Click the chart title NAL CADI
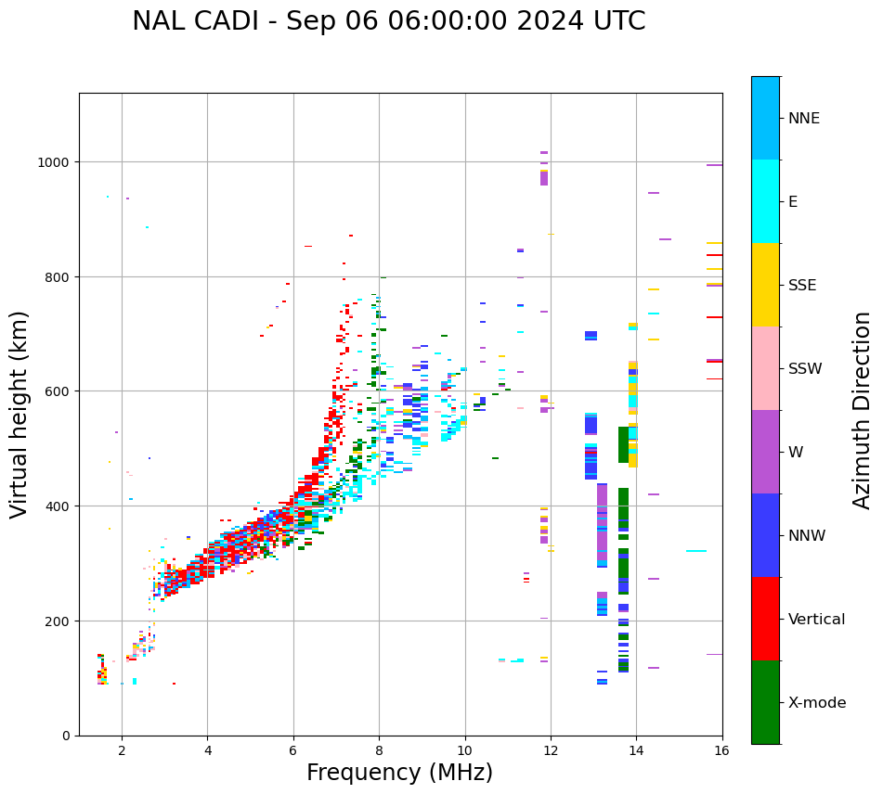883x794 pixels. [x=388, y=21]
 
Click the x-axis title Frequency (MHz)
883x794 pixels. [x=399, y=773]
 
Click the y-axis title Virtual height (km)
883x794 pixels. [x=20, y=414]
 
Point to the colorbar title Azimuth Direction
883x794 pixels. [x=863, y=410]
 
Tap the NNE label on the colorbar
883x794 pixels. [x=804, y=119]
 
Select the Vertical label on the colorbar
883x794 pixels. [x=816, y=620]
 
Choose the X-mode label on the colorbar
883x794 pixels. [x=817, y=703]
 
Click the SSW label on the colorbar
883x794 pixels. [x=805, y=369]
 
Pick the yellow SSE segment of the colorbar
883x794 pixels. [x=765, y=285]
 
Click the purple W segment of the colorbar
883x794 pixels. [x=765, y=452]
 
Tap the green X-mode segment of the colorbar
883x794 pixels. [x=765, y=702]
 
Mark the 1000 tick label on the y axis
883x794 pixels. [x=55, y=162]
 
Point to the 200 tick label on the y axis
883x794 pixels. [x=58, y=621]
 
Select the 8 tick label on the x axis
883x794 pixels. [x=379, y=751]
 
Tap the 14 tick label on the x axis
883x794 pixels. [x=636, y=751]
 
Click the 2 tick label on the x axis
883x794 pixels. [x=122, y=751]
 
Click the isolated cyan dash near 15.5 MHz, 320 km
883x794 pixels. [x=696, y=551]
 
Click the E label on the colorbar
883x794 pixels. [x=793, y=202]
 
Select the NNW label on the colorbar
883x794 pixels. [x=807, y=536]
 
